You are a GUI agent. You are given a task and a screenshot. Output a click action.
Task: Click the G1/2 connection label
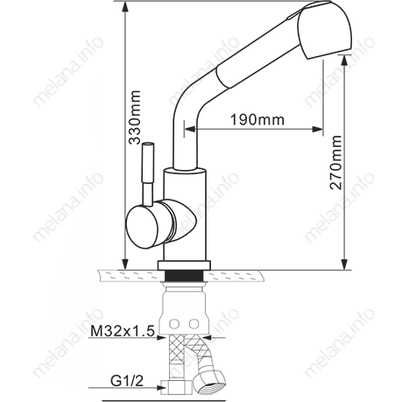click(128, 383)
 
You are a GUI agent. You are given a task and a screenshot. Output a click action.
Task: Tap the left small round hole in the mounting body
click(173, 324)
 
